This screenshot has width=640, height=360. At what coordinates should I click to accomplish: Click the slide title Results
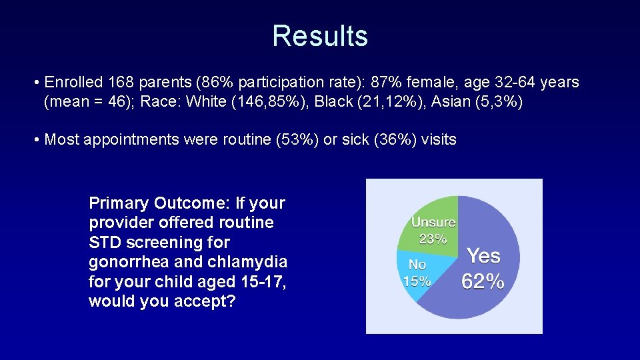pyautogui.click(x=320, y=36)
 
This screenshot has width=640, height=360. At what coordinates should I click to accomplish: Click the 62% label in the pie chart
pyautogui.click(x=483, y=281)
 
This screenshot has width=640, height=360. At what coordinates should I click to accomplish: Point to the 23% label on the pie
pyautogui.click(x=433, y=238)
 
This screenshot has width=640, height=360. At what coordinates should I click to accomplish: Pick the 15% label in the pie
pyautogui.click(x=417, y=281)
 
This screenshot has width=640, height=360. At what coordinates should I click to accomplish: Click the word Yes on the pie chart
pyautogui.click(x=483, y=255)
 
